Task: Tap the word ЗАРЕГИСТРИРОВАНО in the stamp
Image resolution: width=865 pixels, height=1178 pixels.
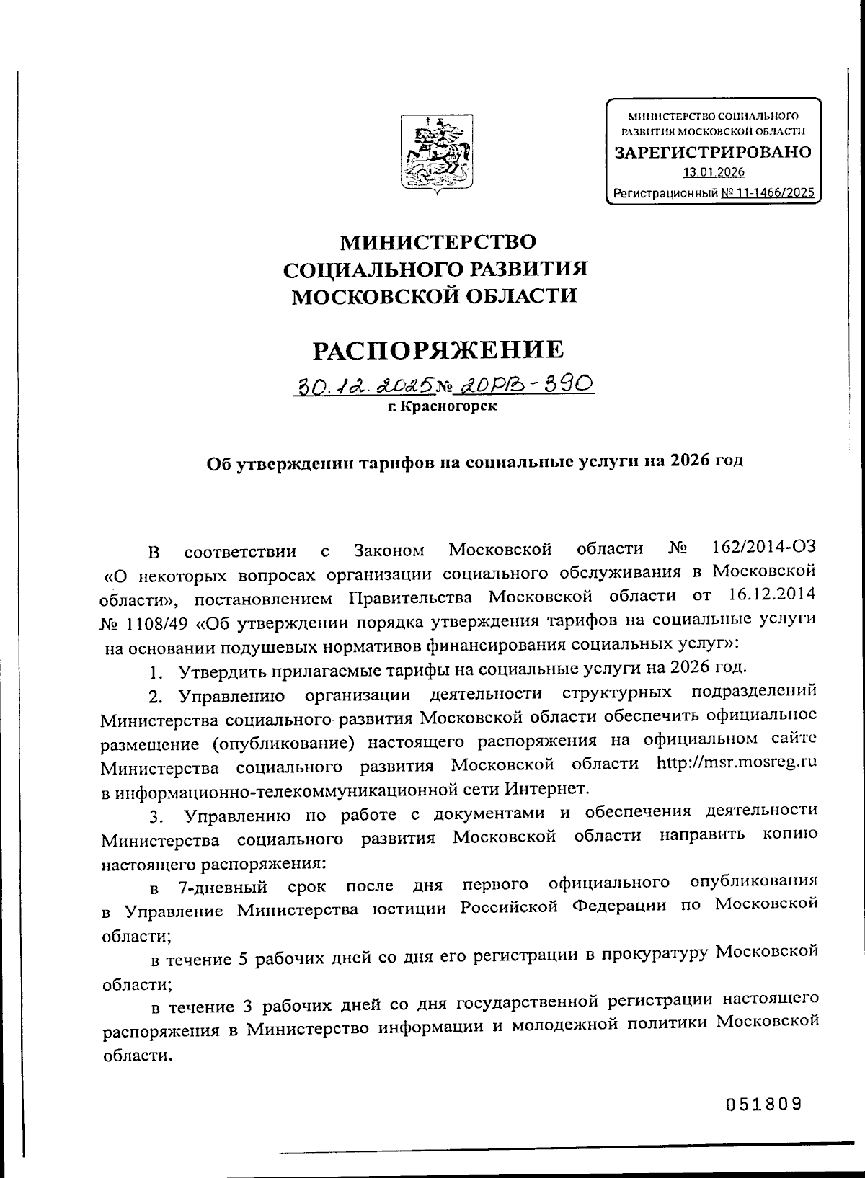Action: point(712,152)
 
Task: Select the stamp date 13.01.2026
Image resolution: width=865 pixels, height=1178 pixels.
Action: point(714,172)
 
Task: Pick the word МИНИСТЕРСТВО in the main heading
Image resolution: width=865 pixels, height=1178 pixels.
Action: point(438,240)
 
